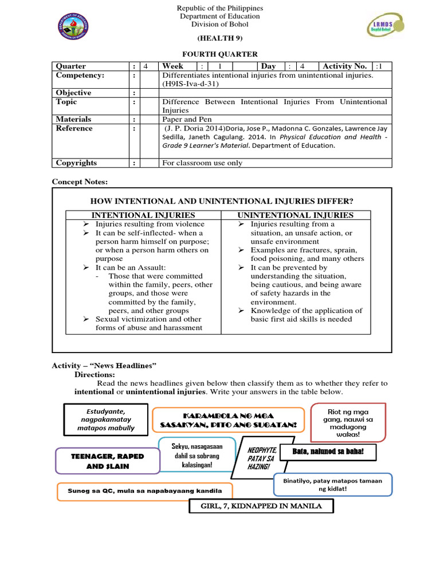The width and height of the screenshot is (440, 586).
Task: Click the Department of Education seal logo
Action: pos(73,27)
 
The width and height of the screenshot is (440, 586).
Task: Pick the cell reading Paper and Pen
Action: pos(186,119)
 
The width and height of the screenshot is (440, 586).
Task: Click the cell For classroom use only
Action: pos(202,163)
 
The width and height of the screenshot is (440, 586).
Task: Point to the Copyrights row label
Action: pos(76,163)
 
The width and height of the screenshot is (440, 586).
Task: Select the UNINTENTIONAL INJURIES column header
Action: pos(296,215)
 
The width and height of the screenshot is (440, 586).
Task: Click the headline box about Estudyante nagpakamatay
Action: pos(105,419)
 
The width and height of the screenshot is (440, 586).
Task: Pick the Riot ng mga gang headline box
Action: pos(348,423)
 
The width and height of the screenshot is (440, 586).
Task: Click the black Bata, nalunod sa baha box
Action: pos(328,452)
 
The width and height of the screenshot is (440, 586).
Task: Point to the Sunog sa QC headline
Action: pos(146,491)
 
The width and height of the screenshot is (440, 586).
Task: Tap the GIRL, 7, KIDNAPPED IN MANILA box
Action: pos(261,506)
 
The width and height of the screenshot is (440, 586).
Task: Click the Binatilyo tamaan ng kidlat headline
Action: pos(333,485)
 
